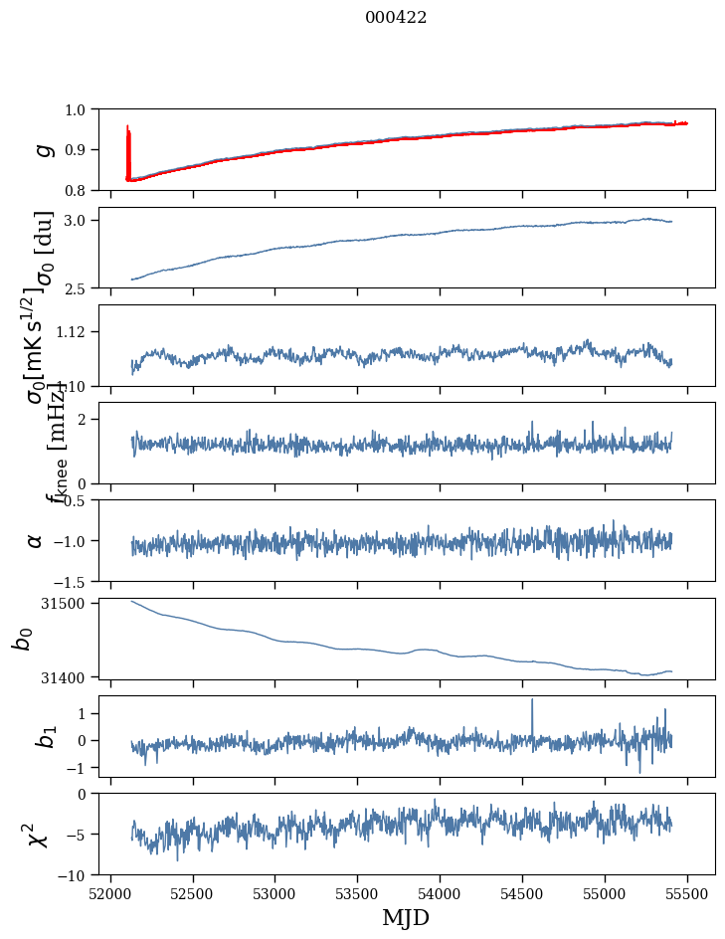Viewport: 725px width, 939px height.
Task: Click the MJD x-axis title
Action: click(406, 917)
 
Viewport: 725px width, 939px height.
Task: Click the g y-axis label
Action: click(41, 149)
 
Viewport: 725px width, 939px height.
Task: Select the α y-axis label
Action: click(35, 540)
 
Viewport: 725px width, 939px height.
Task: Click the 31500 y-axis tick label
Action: click(72, 603)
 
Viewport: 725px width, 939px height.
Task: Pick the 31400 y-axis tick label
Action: click(72, 676)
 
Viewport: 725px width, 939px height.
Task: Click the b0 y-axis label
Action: click(22, 638)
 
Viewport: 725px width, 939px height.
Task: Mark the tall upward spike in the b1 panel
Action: click(532, 701)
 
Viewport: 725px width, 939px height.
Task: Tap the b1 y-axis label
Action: click(22, 735)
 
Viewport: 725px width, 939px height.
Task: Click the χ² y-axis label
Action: click(35, 834)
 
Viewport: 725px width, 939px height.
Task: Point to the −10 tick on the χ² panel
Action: click(81, 875)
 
